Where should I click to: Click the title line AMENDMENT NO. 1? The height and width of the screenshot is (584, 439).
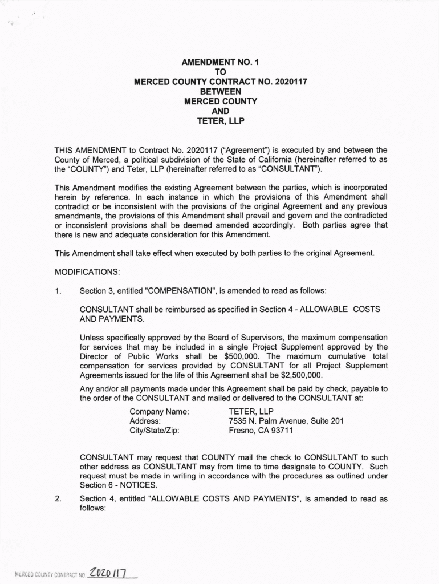[220, 62]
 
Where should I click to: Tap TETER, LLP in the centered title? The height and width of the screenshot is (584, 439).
[220, 121]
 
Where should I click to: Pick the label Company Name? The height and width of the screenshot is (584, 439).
[159, 411]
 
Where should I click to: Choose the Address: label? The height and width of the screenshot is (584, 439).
[145, 421]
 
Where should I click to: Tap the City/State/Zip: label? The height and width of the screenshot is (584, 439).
[155, 431]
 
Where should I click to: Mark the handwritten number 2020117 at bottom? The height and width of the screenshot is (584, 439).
[111, 571]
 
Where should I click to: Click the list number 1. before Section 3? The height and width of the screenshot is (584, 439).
[58, 291]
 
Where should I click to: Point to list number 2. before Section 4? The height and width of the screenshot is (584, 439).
[58, 499]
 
